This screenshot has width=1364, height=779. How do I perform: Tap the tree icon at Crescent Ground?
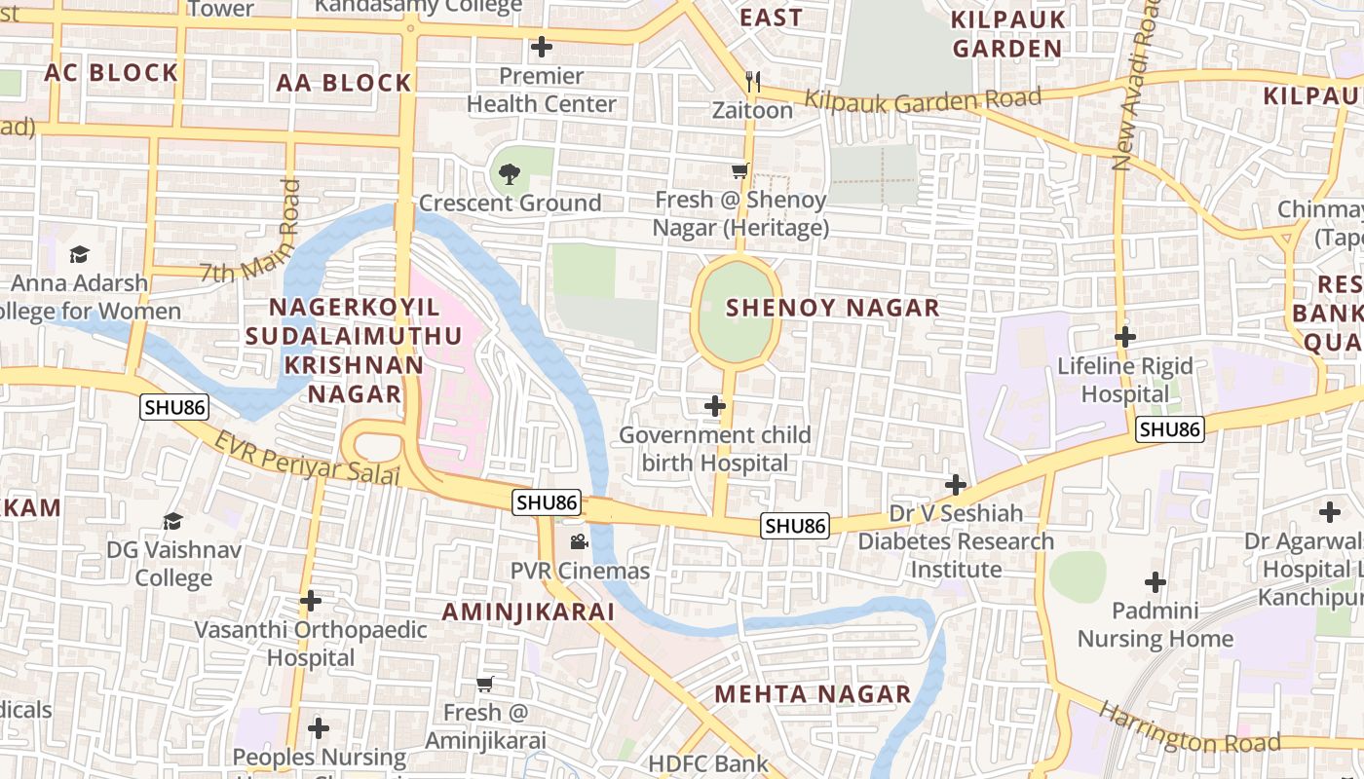[x=509, y=175]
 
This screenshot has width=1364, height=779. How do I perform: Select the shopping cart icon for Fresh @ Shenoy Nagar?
[x=739, y=171]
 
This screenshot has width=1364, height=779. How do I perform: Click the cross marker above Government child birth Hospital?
[x=715, y=405]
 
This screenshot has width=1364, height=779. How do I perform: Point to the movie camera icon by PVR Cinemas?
[x=579, y=541]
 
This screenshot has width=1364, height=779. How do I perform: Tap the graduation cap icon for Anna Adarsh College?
[x=79, y=254]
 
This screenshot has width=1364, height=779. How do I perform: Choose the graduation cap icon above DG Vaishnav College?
[x=172, y=521]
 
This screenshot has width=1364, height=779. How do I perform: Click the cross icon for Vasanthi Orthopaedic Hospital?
[x=311, y=601]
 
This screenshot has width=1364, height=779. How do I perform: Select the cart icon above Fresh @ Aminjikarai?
[x=485, y=684]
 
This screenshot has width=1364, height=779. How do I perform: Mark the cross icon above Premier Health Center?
[x=541, y=47]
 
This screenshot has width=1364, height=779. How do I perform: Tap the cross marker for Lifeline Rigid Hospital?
[x=1125, y=338]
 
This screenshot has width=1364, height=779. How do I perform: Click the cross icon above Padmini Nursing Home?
[x=1155, y=582]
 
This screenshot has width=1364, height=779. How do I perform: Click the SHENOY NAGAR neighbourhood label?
[x=833, y=308]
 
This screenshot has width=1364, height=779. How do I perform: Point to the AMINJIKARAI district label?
[x=528, y=612]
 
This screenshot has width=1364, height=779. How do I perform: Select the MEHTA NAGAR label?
[x=813, y=694]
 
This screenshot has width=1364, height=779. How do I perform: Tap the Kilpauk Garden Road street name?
[x=924, y=99]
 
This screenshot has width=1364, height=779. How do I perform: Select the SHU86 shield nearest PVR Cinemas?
[x=547, y=502]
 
